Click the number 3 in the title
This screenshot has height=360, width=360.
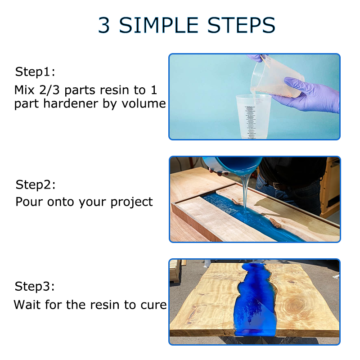(x=104, y=25)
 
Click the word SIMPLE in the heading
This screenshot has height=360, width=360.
(x=159, y=25)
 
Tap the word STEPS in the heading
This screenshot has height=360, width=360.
(x=241, y=25)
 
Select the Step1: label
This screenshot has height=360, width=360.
(x=35, y=72)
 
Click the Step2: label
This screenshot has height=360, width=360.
(x=36, y=184)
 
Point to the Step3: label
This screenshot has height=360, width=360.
(x=35, y=287)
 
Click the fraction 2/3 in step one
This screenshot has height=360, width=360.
(x=49, y=90)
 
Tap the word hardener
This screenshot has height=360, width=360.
(x=71, y=103)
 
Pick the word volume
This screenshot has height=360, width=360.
(x=144, y=104)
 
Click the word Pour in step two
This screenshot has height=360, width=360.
(x=29, y=202)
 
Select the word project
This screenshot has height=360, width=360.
(x=132, y=202)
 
